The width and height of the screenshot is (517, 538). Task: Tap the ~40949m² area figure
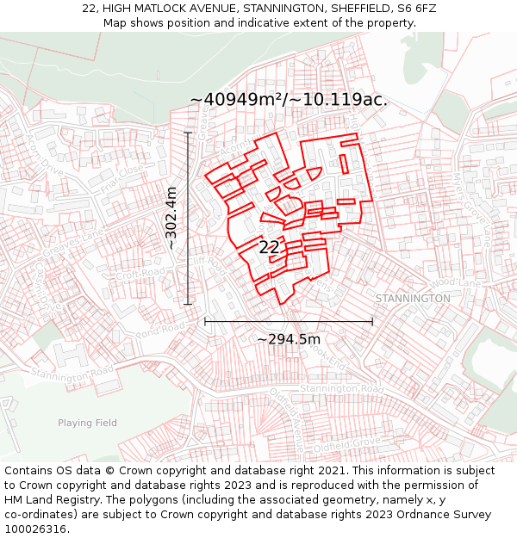click(238, 100)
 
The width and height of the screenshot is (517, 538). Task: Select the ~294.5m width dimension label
click(289, 339)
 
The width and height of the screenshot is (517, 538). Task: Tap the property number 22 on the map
click(270, 248)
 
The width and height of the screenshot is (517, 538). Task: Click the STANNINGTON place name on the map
click(413, 298)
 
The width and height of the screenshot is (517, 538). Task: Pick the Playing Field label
click(87, 423)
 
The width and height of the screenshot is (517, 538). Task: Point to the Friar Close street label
click(123, 178)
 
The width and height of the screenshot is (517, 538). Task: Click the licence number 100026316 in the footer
click(36, 529)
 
